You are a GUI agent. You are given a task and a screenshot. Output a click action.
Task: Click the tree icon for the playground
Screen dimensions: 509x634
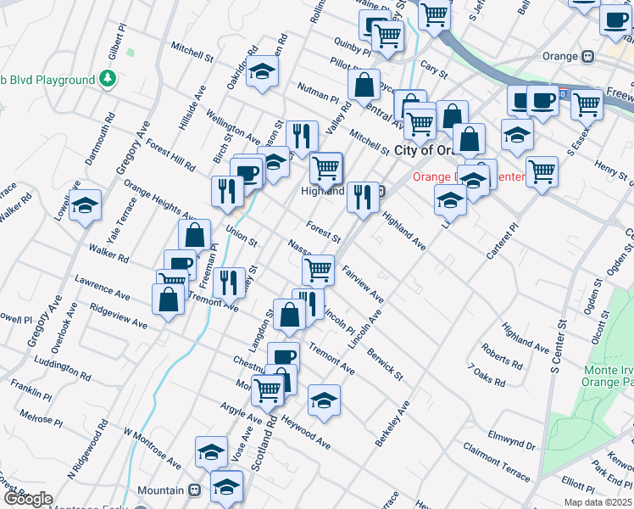pyautogui.click(x=108, y=80)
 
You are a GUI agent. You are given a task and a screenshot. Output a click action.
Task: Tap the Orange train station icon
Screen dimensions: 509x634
pyautogui.click(x=587, y=56)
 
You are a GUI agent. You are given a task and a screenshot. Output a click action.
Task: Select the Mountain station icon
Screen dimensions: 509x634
pyautogui.click(x=194, y=490)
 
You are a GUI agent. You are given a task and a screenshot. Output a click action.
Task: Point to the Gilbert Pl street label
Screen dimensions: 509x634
pyautogui.click(x=113, y=59)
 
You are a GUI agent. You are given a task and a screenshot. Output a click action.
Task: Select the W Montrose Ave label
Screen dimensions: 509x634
pyautogui.click(x=153, y=449)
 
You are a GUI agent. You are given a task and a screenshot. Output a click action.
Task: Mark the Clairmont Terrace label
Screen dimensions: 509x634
pyautogui.click(x=496, y=459)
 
